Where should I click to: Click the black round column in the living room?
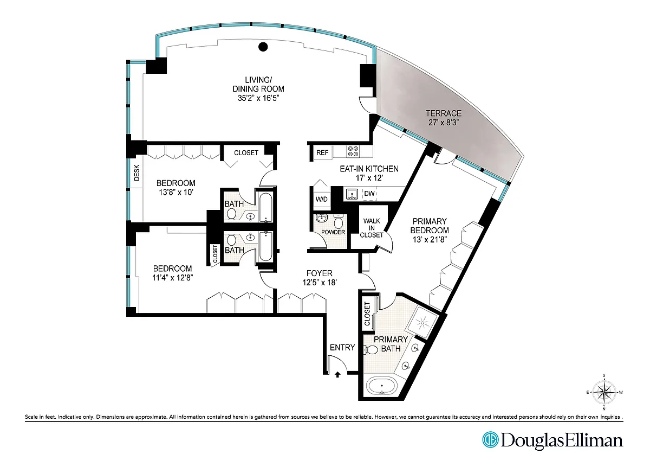pyautogui.click(x=263, y=47)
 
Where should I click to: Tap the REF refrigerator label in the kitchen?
pyautogui.click(x=322, y=152)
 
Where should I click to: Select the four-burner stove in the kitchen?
pyautogui.click(x=353, y=151)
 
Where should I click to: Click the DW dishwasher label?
pyautogui.click(x=369, y=194)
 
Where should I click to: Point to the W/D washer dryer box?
pyautogui.click(x=322, y=199)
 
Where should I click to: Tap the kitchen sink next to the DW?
pyautogui.click(x=352, y=194)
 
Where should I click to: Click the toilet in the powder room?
pyautogui.click(x=338, y=221)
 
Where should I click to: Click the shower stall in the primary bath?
pyautogui.click(x=422, y=322)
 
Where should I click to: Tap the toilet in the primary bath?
pyautogui.click(x=370, y=349)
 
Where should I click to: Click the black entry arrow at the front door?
pyautogui.click(x=337, y=375)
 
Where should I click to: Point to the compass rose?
pyautogui.click(x=604, y=392)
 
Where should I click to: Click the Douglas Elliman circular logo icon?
pyautogui.click(x=490, y=440)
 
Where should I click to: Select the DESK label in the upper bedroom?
pyautogui.click(x=136, y=173)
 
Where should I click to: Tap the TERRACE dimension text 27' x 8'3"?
pyautogui.click(x=443, y=123)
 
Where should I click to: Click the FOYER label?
pyautogui.click(x=319, y=273)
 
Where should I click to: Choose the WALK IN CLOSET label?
pyautogui.click(x=372, y=228)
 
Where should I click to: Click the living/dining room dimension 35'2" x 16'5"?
pyautogui.click(x=258, y=98)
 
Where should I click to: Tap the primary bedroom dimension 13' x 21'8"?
pyautogui.click(x=430, y=240)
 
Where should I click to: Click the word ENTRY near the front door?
pyautogui.click(x=342, y=348)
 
